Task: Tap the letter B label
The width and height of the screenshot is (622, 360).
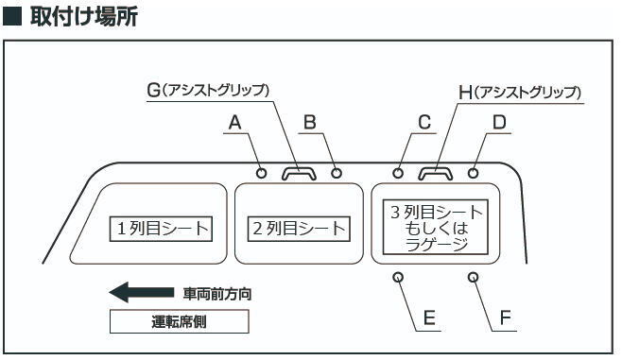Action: point(308,122)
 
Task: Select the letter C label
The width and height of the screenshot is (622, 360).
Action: point(424,122)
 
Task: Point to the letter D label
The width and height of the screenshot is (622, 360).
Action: point(499,122)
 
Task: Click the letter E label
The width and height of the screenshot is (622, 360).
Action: point(429,318)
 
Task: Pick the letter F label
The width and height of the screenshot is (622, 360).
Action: point(505,318)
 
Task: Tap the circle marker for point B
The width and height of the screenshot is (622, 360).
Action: point(337,173)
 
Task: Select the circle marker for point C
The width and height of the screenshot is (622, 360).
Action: point(399,173)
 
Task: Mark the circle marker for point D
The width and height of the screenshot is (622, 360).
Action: point(473,173)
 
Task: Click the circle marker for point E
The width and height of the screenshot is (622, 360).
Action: point(398,277)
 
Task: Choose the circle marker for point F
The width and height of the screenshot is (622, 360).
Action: point(473,277)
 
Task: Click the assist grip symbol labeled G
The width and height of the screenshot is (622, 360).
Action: point(300,172)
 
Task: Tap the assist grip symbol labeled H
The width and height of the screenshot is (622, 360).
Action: point(436,172)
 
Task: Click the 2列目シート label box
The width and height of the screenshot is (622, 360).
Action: point(298,229)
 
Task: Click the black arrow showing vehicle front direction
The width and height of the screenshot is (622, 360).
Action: point(142,293)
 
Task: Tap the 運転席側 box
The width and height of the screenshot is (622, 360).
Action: point(180,321)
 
